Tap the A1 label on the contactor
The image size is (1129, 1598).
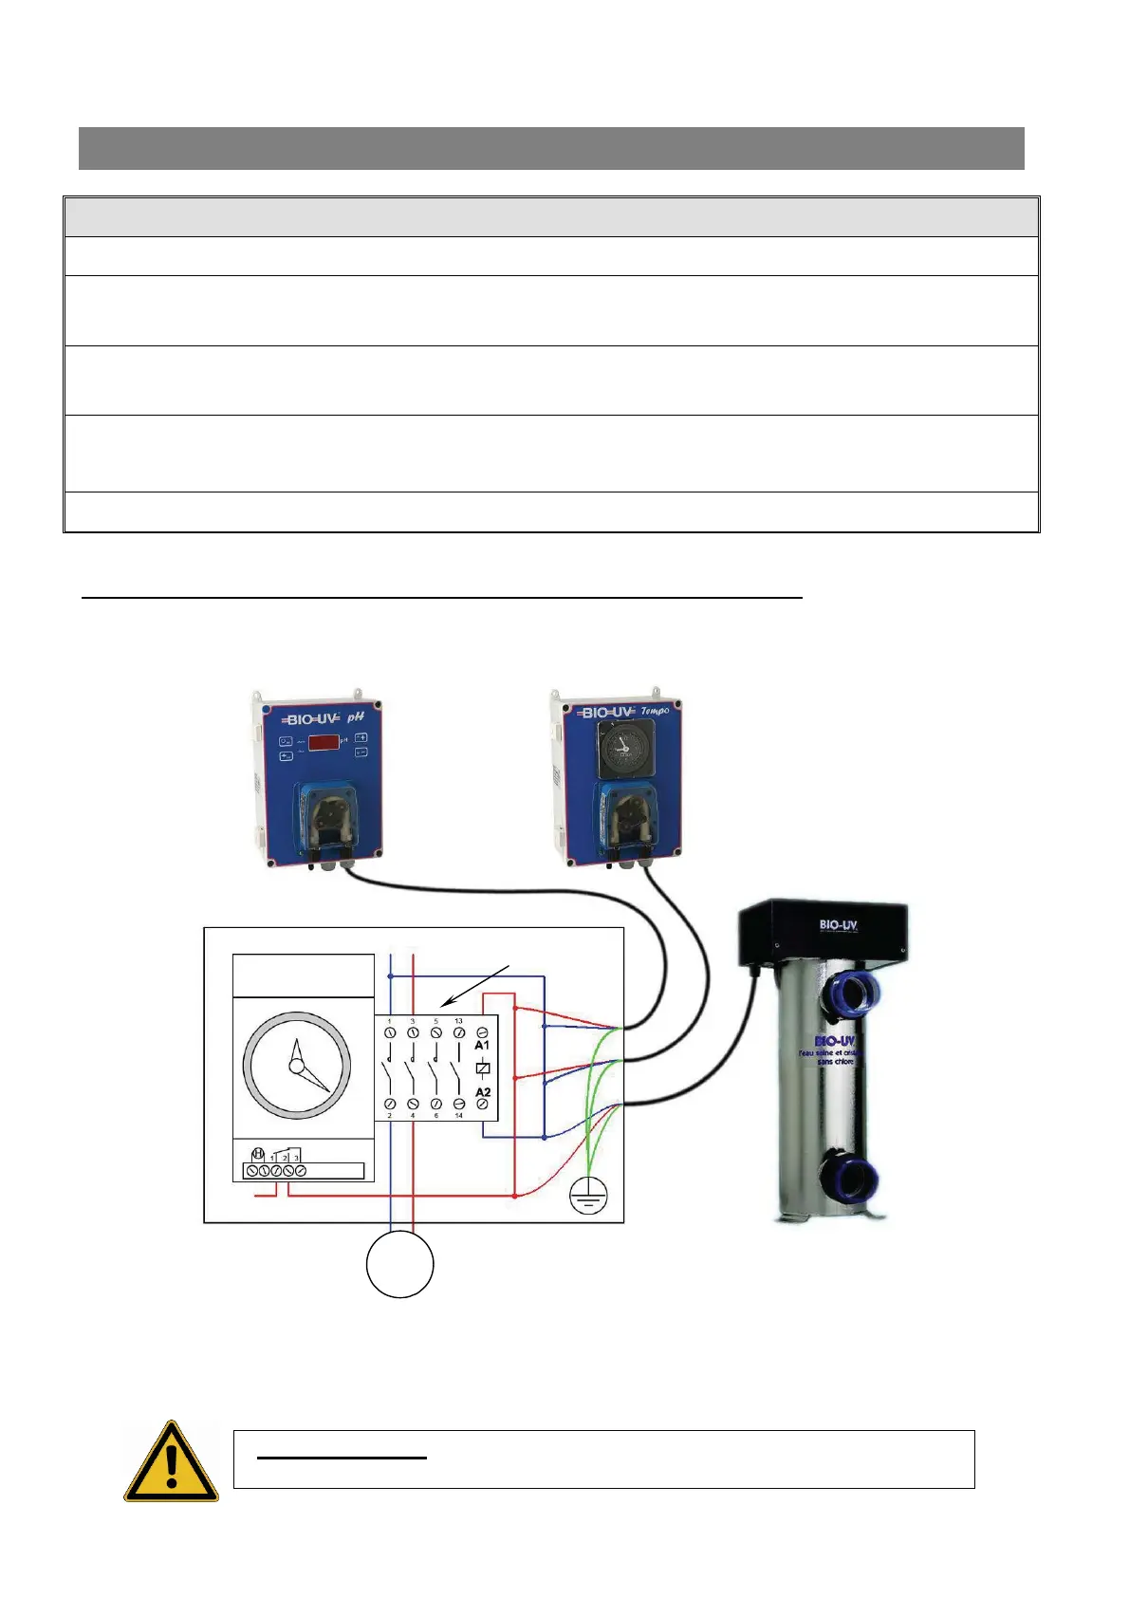click(x=482, y=1045)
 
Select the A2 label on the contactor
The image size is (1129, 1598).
click(x=482, y=1092)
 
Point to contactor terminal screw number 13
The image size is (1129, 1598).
click(x=459, y=1031)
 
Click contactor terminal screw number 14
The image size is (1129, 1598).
click(x=459, y=1105)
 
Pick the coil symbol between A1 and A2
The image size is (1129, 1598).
click(x=482, y=1068)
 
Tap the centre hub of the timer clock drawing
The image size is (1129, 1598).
click(x=296, y=1067)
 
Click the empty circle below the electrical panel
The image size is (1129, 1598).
click(x=400, y=1263)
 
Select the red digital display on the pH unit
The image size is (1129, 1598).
click(x=323, y=743)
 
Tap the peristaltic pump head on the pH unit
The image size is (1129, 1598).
click(x=327, y=815)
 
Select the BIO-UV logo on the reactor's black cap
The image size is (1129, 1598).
click(x=838, y=924)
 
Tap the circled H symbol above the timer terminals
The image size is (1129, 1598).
click(x=257, y=1155)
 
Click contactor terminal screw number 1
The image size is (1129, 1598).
click(x=390, y=1031)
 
